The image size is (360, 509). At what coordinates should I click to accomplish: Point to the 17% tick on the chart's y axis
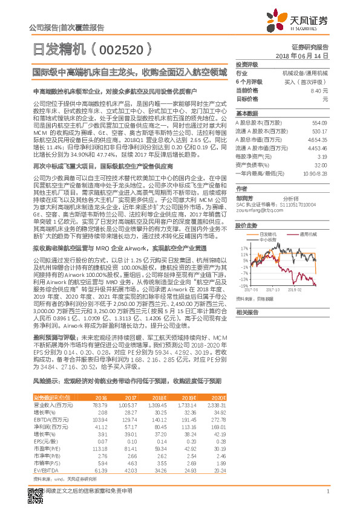(242, 248)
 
